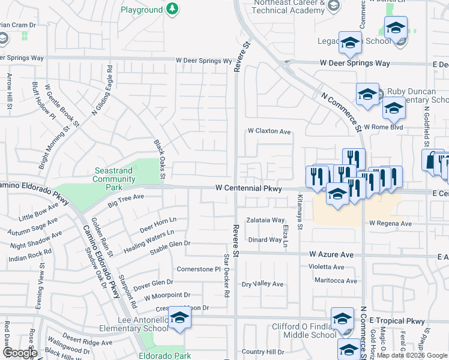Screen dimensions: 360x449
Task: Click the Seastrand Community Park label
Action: (x=113, y=175)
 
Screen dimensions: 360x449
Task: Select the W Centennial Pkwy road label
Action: (x=249, y=188)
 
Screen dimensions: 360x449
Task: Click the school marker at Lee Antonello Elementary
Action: (x=179, y=319)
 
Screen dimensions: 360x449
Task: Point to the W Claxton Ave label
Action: (x=270, y=131)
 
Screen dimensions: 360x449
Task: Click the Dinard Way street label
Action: (x=265, y=239)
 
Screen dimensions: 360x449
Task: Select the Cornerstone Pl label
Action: (x=199, y=269)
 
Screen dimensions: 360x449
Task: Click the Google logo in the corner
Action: (x=20, y=353)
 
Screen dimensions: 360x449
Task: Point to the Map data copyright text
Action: (x=412, y=355)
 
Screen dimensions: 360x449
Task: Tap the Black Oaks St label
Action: (x=159, y=159)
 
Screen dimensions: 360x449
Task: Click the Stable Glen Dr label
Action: (x=170, y=244)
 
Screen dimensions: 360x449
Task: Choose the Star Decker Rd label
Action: (x=227, y=276)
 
